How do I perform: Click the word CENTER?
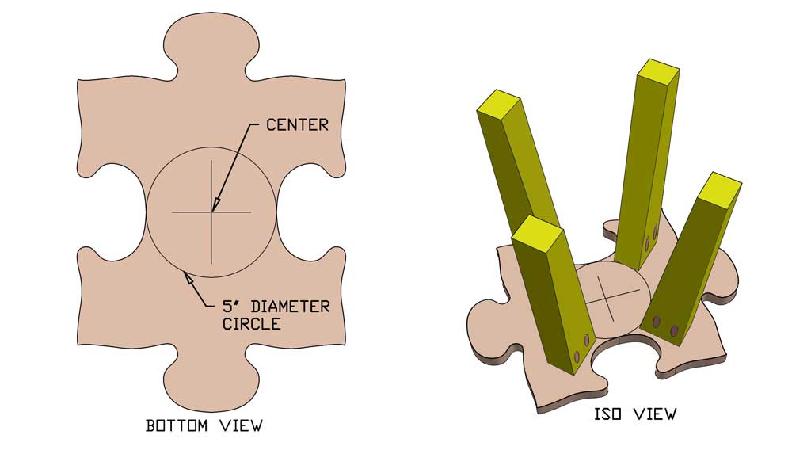(x=297, y=124)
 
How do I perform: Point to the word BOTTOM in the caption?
(x=177, y=425)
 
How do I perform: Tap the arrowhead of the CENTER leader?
(x=214, y=207)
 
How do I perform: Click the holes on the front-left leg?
(x=582, y=349)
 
